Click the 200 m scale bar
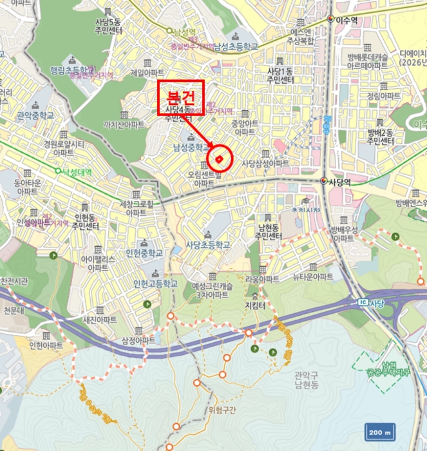tap(380, 432)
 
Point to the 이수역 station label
tap(345, 20)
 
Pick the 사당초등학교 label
tap(207, 245)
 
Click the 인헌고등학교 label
tap(155, 283)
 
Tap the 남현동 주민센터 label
tap(266, 232)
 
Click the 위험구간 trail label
tap(223, 410)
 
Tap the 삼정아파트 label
tap(137, 340)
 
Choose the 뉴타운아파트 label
tap(314, 277)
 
